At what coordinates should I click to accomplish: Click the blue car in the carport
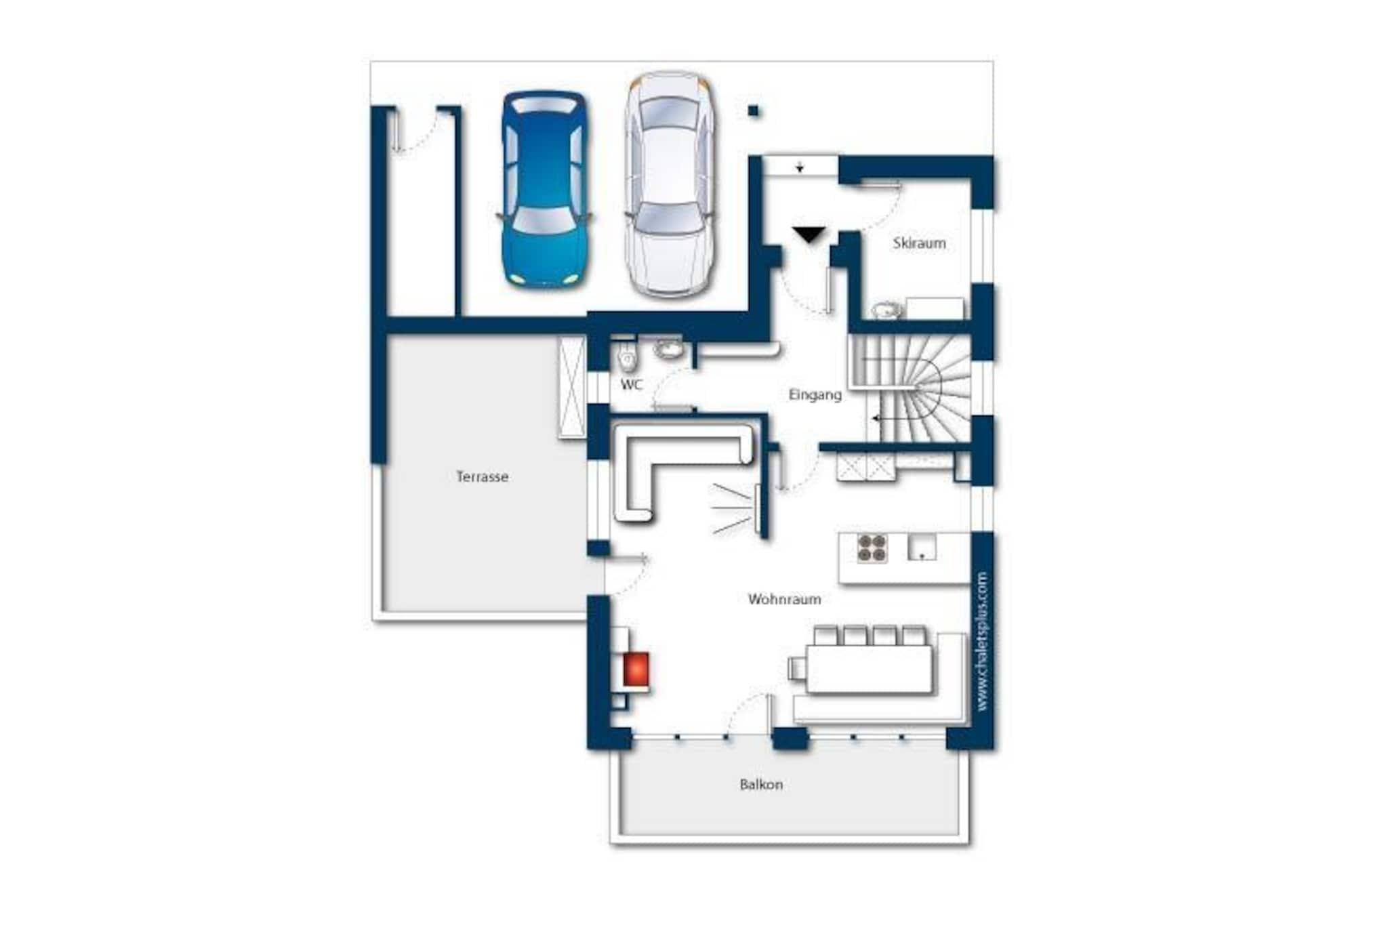click(x=545, y=188)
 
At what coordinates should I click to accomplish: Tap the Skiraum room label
click(x=919, y=243)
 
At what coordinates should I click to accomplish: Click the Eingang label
click(x=815, y=394)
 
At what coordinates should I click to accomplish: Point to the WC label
click(x=632, y=385)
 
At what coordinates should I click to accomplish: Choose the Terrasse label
click(x=482, y=476)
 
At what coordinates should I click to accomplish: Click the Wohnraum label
click(x=784, y=599)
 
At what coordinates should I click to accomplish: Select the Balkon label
click(x=761, y=784)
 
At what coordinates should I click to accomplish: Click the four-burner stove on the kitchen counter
click(x=872, y=548)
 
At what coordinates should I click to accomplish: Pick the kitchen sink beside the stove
click(x=922, y=547)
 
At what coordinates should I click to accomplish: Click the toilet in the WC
click(x=628, y=356)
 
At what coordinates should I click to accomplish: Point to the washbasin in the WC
click(x=669, y=349)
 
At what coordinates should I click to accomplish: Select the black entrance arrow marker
click(x=809, y=234)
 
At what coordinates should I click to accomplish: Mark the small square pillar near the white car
click(x=753, y=110)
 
